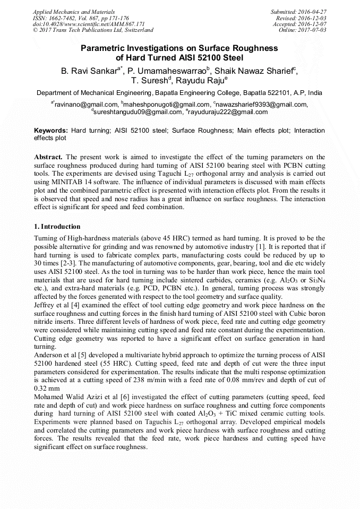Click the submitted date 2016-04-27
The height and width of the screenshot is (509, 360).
click(313, 11)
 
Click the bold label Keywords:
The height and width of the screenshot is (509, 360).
click(51, 131)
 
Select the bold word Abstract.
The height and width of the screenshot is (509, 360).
click(48, 157)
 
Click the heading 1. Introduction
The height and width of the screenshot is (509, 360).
click(57, 227)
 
